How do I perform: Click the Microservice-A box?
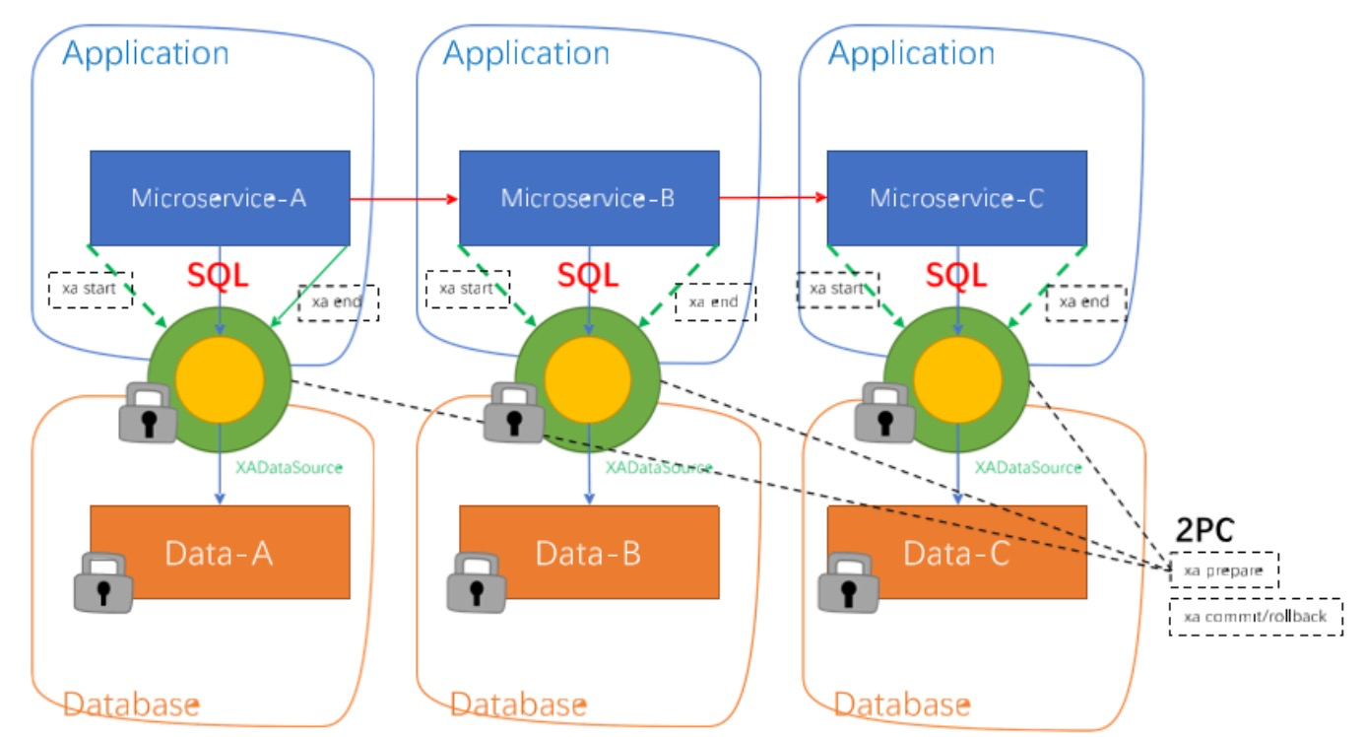coord(220,197)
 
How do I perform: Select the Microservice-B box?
coord(588,197)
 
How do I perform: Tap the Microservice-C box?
coord(956,197)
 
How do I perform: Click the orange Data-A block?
coord(220,552)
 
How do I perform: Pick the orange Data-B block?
coord(588,552)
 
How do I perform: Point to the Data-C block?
coord(956,552)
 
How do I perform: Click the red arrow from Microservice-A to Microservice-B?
coord(404,199)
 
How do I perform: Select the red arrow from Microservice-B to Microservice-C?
coord(772,198)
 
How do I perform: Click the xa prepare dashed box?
coord(1223,570)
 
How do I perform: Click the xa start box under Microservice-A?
coord(90,289)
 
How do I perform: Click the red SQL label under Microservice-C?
coord(956,275)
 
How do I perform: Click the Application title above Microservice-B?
coord(526,53)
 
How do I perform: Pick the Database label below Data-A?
coord(131,704)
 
